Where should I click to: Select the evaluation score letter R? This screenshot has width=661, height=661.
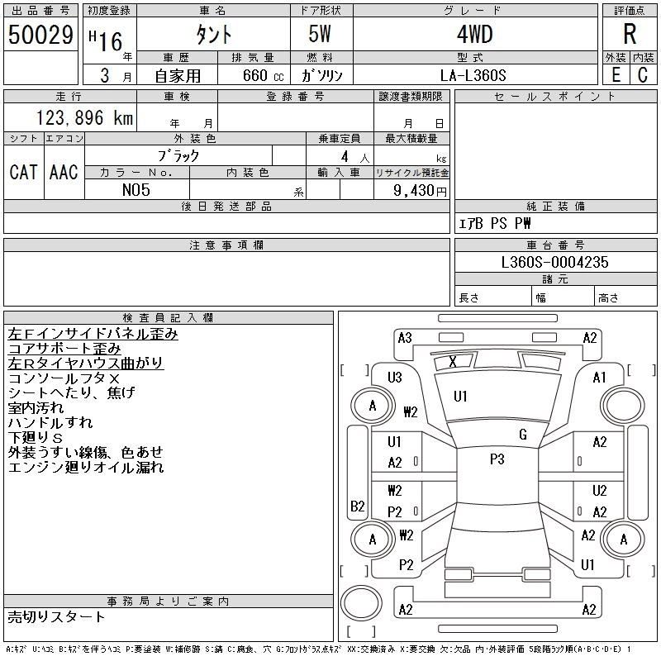[629, 35]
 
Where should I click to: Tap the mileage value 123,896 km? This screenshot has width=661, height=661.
[84, 118]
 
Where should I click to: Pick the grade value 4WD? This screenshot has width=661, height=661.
[474, 36]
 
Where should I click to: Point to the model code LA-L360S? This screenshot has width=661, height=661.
[474, 74]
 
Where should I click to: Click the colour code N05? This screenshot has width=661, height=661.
[136, 190]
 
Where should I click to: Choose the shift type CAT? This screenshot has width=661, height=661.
[23, 172]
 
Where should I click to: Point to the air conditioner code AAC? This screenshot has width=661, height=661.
[64, 172]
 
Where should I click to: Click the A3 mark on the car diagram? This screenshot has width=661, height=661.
[405, 337]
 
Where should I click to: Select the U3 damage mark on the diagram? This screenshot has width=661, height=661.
[395, 378]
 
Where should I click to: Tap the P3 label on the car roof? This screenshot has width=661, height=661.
[497, 460]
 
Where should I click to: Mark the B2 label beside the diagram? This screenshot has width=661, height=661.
[358, 506]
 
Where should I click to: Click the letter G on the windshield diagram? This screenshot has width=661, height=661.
[522, 435]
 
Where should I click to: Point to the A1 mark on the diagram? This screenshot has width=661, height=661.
[600, 378]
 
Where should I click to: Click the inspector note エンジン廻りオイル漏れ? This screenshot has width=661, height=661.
[86, 468]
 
